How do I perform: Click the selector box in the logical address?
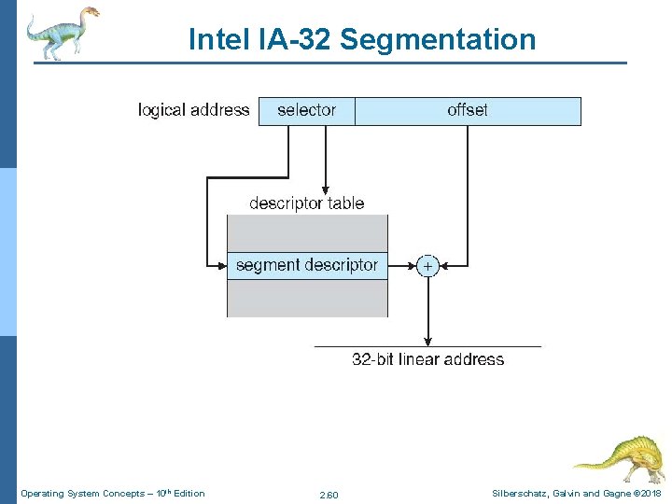(x=306, y=111)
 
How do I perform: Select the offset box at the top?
(x=468, y=111)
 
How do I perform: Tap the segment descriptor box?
(x=307, y=265)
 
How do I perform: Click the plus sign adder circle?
(x=427, y=266)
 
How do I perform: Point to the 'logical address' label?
(x=193, y=110)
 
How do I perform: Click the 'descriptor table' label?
(x=307, y=203)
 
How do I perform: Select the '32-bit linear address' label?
(x=427, y=359)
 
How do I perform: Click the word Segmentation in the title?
(x=438, y=39)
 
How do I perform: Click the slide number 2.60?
(x=329, y=494)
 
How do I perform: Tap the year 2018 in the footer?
(x=650, y=493)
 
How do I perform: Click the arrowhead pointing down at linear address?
(x=427, y=340)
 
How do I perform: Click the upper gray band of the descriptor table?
(x=307, y=232)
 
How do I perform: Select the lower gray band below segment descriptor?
(x=307, y=298)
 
